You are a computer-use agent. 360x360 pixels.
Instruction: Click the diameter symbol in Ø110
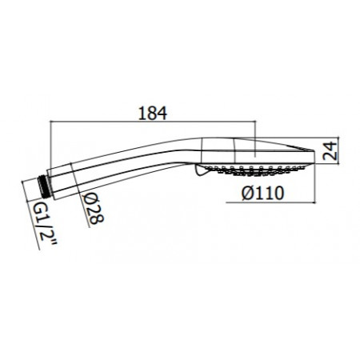point(245,193)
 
